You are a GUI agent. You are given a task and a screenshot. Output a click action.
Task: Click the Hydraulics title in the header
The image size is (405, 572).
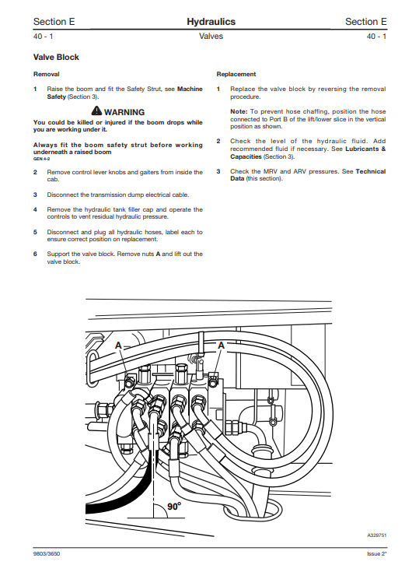211,22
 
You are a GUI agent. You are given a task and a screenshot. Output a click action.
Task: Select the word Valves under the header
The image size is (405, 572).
211,37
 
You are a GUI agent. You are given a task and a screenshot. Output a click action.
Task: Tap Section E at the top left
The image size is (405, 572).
54,22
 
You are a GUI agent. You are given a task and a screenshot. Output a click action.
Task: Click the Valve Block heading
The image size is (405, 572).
56,58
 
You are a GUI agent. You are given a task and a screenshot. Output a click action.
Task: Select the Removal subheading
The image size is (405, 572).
46,74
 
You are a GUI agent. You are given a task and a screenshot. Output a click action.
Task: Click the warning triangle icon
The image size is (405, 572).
97,112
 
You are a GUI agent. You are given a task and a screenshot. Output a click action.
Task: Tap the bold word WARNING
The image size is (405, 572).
124,113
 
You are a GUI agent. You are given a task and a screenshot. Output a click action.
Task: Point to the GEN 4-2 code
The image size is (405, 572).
42,158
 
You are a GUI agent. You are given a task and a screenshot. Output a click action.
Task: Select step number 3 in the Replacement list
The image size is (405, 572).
218,171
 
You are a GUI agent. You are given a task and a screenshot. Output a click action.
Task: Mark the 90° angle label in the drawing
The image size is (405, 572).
174,507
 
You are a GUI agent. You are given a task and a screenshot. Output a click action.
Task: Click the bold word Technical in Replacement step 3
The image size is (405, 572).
370,171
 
